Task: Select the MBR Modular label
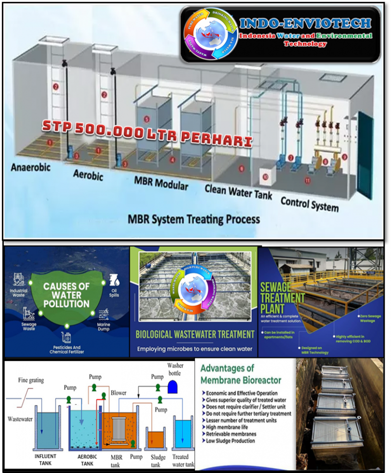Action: (161, 183)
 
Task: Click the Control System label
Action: (309, 203)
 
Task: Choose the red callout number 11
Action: (307, 180)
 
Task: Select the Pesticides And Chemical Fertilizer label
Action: (65, 349)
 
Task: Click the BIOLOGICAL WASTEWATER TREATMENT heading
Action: (194, 334)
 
